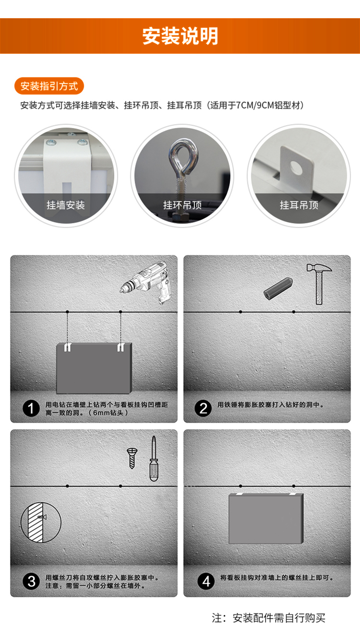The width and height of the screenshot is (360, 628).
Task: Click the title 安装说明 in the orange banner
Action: [x=180, y=36]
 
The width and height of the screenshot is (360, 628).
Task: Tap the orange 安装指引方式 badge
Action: [x=49, y=86]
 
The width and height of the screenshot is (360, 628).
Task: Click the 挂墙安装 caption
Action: [x=65, y=205]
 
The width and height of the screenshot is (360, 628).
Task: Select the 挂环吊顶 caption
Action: [x=182, y=205]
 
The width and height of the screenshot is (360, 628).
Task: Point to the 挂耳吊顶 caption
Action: [x=299, y=205]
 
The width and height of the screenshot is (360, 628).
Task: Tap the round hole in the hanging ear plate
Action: [x=297, y=167]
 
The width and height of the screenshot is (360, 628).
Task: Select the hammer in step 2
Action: [x=319, y=284]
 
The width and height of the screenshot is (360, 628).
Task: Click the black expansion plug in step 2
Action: [x=278, y=288]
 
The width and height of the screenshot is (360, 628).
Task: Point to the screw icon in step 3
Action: [x=132, y=458]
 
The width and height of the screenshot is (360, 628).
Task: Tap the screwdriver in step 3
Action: [x=154, y=459]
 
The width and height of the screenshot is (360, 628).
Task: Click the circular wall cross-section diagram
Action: [x=41, y=522]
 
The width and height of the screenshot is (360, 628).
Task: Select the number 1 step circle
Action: [x=31, y=408]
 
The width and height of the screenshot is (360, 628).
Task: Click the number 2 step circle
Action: [x=203, y=408]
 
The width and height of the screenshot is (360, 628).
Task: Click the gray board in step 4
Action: [x=266, y=518]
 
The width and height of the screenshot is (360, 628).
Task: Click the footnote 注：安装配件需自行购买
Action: [x=269, y=618]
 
